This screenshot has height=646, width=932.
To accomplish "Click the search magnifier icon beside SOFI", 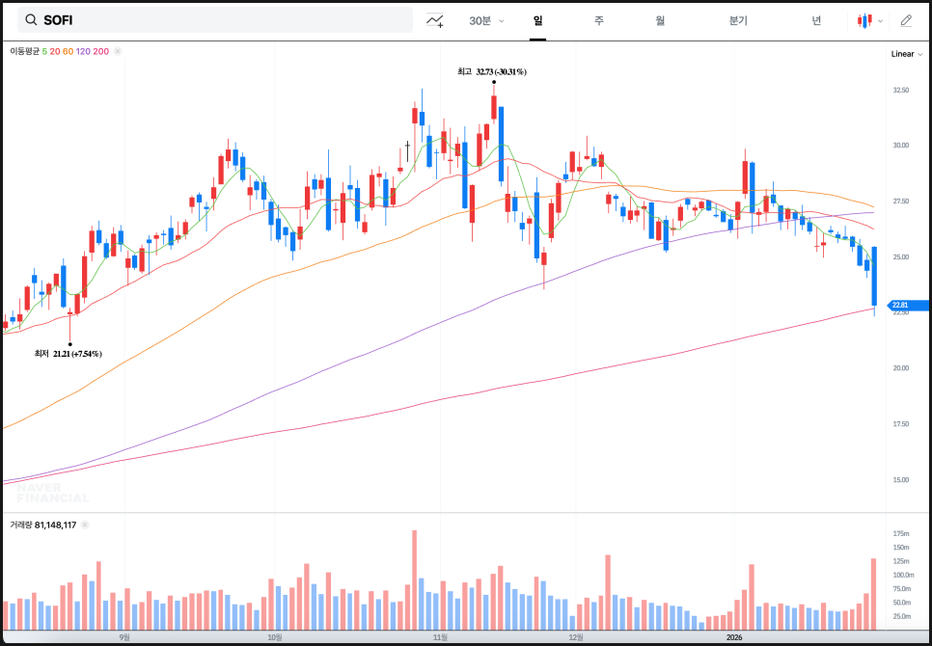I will coord(31,20).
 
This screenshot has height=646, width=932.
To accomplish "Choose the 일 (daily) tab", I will coord(537,20).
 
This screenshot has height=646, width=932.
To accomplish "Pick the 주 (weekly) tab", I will coord(599,20).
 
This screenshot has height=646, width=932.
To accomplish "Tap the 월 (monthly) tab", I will coord(660,20).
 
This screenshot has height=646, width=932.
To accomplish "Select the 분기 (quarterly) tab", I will coord(738,20).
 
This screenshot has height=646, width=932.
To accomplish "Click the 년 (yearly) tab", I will coord(816,20).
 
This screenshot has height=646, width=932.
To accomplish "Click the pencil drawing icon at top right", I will coord(906,20).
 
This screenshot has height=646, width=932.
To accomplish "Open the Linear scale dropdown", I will coord(905,54).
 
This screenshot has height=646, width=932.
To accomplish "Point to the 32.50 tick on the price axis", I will coord(901,90).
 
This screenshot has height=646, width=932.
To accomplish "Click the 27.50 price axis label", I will coord(901,201).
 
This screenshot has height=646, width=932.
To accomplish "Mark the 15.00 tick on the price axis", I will coord(901,479).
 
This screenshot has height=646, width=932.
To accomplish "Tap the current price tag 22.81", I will coord(903,305).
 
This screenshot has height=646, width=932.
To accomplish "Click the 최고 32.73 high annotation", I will coord(492,71).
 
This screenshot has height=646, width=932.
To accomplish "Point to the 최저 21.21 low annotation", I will coord(68,354).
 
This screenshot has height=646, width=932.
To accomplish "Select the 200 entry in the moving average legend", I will coord(101,51).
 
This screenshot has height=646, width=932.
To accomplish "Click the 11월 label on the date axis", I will coord(440,636).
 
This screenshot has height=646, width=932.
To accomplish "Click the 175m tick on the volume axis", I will coord(902,533).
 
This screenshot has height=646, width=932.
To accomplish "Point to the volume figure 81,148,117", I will coord(51,525).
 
